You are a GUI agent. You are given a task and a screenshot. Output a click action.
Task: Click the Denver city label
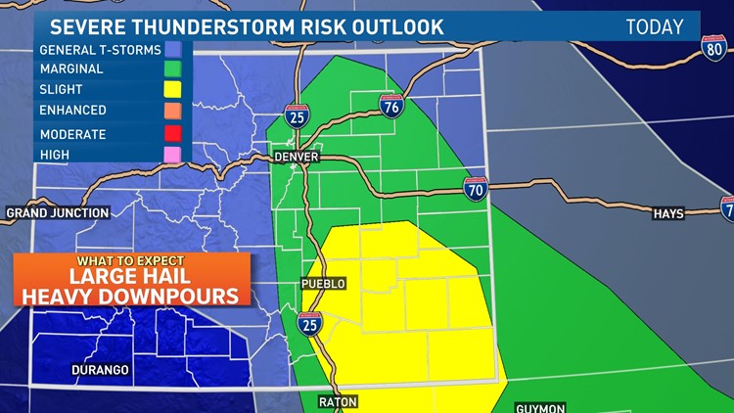coord(297,157)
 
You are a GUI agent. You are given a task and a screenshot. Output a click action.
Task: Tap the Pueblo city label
coord(323,284)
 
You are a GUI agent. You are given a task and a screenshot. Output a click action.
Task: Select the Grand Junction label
coord(56,212)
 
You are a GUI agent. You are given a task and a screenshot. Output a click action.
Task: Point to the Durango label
coord(101,370)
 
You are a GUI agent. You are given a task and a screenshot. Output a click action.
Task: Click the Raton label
coord(338,401)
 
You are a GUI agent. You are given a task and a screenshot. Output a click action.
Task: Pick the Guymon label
coord(541,406)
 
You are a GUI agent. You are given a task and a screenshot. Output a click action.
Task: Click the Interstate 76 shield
coord(391,106)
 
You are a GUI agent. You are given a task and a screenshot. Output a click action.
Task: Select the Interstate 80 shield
coord(714,49)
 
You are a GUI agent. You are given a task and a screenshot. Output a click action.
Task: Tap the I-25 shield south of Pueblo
coord(310,324)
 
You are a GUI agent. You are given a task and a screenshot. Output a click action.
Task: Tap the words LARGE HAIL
coord(131,276)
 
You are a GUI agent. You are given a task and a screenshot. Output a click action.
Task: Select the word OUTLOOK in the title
coord(391,26)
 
